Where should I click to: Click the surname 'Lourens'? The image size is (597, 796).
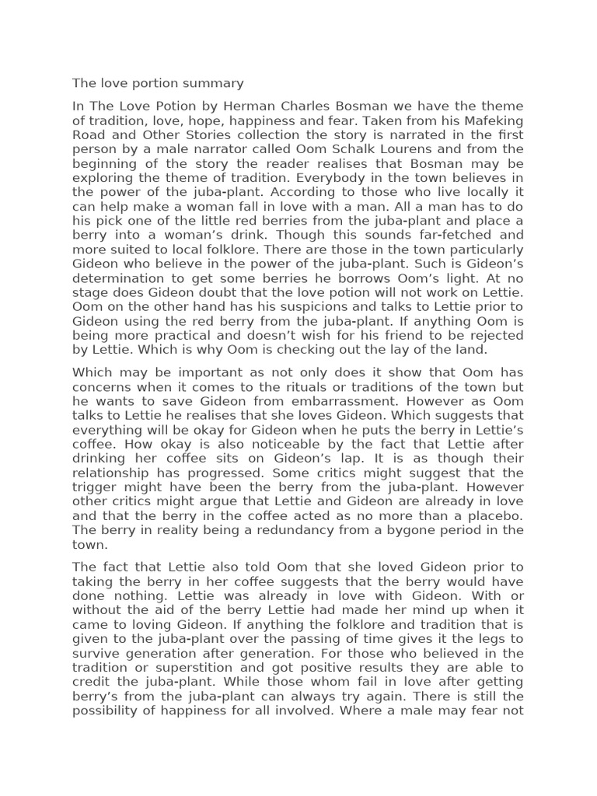[415, 149]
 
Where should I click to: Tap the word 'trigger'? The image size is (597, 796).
[96, 487]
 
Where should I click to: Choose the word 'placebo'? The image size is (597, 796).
[493, 516]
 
